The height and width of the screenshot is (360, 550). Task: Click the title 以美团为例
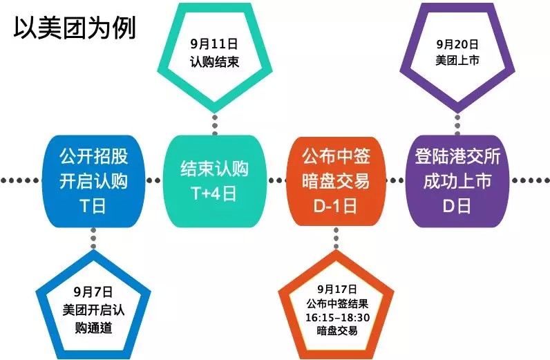[75, 28]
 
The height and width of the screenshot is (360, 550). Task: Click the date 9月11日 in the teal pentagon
[214, 44]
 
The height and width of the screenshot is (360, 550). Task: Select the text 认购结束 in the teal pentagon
[214, 62]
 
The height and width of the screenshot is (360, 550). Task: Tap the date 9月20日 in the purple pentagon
[457, 44]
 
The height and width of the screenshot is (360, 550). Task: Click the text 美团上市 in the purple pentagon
[457, 60]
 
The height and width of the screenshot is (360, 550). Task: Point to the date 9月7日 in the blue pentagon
[93, 292]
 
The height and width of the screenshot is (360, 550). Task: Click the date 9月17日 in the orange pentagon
[336, 289]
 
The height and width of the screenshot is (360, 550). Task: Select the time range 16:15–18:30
[337, 318]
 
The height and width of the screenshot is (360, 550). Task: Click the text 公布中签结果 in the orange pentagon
[337, 303]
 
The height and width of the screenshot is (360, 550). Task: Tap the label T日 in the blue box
[93, 206]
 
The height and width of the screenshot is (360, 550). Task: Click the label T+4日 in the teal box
[214, 193]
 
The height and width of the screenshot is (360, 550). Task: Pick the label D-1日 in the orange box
[336, 206]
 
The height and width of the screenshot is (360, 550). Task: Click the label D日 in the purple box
[457, 206]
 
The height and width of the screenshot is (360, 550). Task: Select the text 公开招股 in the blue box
[93, 156]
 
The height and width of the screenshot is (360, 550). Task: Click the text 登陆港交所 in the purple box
[457, 156]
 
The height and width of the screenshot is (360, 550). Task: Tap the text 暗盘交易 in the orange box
[336, 181]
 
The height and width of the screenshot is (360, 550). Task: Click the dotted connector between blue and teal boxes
[153, 181]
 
